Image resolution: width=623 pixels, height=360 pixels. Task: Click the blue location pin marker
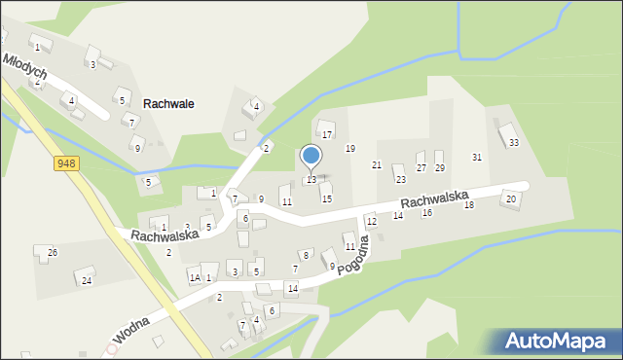pyautogui.click(x=311, y=157)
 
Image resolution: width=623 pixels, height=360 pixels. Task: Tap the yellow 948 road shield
pyautogui.click(x=66, y=163)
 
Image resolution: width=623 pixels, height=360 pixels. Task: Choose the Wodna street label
pyautogui.click(x=130, y=331)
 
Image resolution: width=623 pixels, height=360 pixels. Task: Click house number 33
pyautogui.click(x=513, y=143)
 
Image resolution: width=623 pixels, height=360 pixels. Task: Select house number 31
pyautogui.click(x=477, y=157)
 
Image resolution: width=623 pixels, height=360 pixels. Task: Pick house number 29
pyautogui.click(x=439, y=168)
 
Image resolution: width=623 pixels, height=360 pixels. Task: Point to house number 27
pyautogui.click(x=421, y=168)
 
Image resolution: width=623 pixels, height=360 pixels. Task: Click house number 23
pyautogui.click(x=399, y=180)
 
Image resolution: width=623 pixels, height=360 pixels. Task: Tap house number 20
pyautogui.click(x=509, y=199)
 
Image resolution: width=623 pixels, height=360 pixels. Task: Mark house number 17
pyautogui.click(x=327, y=134)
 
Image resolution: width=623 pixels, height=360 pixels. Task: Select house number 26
pyautogui.click(x=53, y=253)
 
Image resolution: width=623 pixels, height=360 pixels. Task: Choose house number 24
pyautogui.click(x=87, y=280)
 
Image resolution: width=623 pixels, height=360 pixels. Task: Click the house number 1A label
pyautogui.click(x=195, y=278)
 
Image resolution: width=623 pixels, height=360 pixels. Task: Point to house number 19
pyautogui.click(x=350, y=148)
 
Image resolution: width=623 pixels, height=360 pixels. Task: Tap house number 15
pyautogui.click(x=327, y=198)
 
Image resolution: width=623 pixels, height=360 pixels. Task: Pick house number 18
pyautogui.click(x=468, y=205)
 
